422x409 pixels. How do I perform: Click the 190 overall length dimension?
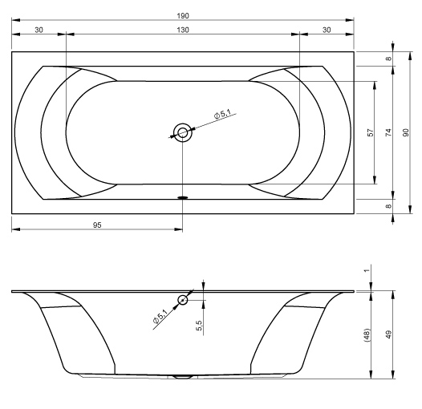click(x=183, y=16)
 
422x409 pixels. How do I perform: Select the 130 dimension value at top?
click(x=183, y=30)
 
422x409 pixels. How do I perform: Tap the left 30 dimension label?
click(x=39, y=30)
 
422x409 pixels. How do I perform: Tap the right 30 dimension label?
click(x=327, y=30)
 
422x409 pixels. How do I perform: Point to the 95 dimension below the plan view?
click(x=97, y=225)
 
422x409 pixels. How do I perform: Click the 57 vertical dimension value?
click(x=371, y=132)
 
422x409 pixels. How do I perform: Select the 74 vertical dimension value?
click(x=388, y=132)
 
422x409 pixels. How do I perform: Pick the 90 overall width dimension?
click(x=406, y=132)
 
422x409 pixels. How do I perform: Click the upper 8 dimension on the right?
click(x=388, y=59)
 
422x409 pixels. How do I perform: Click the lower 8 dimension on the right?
click(x=388, y=206)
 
